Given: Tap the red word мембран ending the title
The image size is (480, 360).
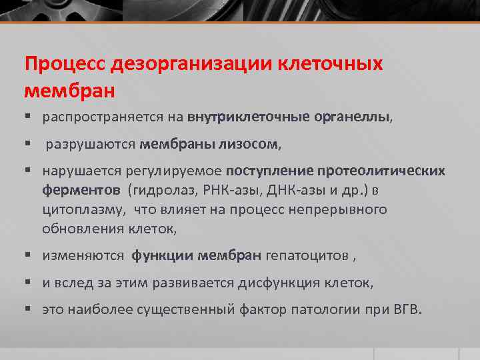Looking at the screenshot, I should click(70, 89).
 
